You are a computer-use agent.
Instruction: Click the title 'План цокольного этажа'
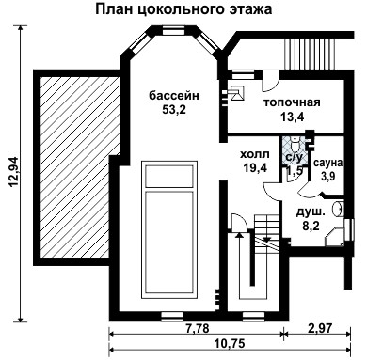[183, 10]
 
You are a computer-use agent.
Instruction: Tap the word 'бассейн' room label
[173, 94]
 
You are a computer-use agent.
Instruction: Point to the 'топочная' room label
[292, 102]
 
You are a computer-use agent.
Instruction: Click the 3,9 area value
[328, 176]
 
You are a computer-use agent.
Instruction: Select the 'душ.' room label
[311, 211]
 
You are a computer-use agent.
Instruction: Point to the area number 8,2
[310, 226]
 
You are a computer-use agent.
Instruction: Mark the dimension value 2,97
[322, 328]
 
